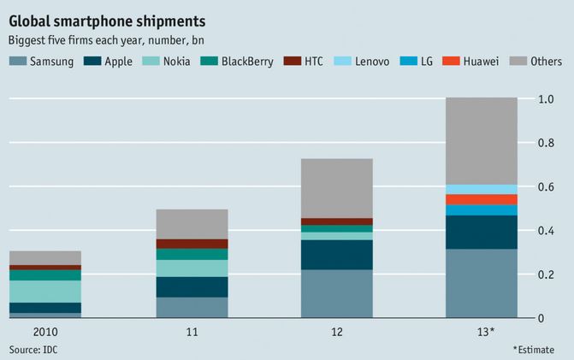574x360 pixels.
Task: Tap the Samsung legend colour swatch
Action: tap(17, 62)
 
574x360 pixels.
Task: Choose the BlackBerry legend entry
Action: tap(237, 62)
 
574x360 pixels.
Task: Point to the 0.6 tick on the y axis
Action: tap(548, 187)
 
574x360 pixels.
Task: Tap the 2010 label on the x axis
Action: tap(45, 331)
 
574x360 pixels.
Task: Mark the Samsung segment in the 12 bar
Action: tap(337, 294)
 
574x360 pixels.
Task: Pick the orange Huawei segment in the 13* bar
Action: tap(481, 199)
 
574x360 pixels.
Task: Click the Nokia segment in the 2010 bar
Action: tap(45, 292)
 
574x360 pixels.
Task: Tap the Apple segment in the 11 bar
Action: tap(192, 286)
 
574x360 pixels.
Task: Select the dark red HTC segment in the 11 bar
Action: tap(192, 244)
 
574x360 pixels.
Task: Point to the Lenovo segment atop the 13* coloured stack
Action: tap(481, 189)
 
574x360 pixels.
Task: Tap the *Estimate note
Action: tap(538, 350)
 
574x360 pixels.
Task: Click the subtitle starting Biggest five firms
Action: tap(106, 40)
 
